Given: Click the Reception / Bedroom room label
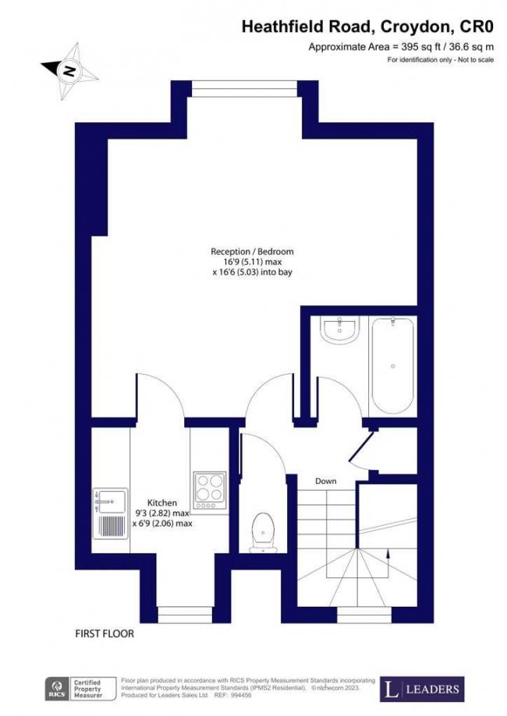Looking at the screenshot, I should coord(252,251).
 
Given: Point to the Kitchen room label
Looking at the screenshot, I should coord(162,503).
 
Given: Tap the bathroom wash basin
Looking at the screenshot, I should coord(339,331).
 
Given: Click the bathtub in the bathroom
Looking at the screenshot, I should coord(392,365).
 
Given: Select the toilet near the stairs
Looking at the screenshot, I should coord(263,530).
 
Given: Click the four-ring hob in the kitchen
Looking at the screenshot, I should coord(209,489).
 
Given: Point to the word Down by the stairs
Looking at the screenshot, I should coord(325,481).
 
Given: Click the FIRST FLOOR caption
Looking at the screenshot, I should coord(105,633).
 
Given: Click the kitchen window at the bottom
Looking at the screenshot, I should coord(180,615).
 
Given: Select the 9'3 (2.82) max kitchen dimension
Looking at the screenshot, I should coord(161,513).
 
